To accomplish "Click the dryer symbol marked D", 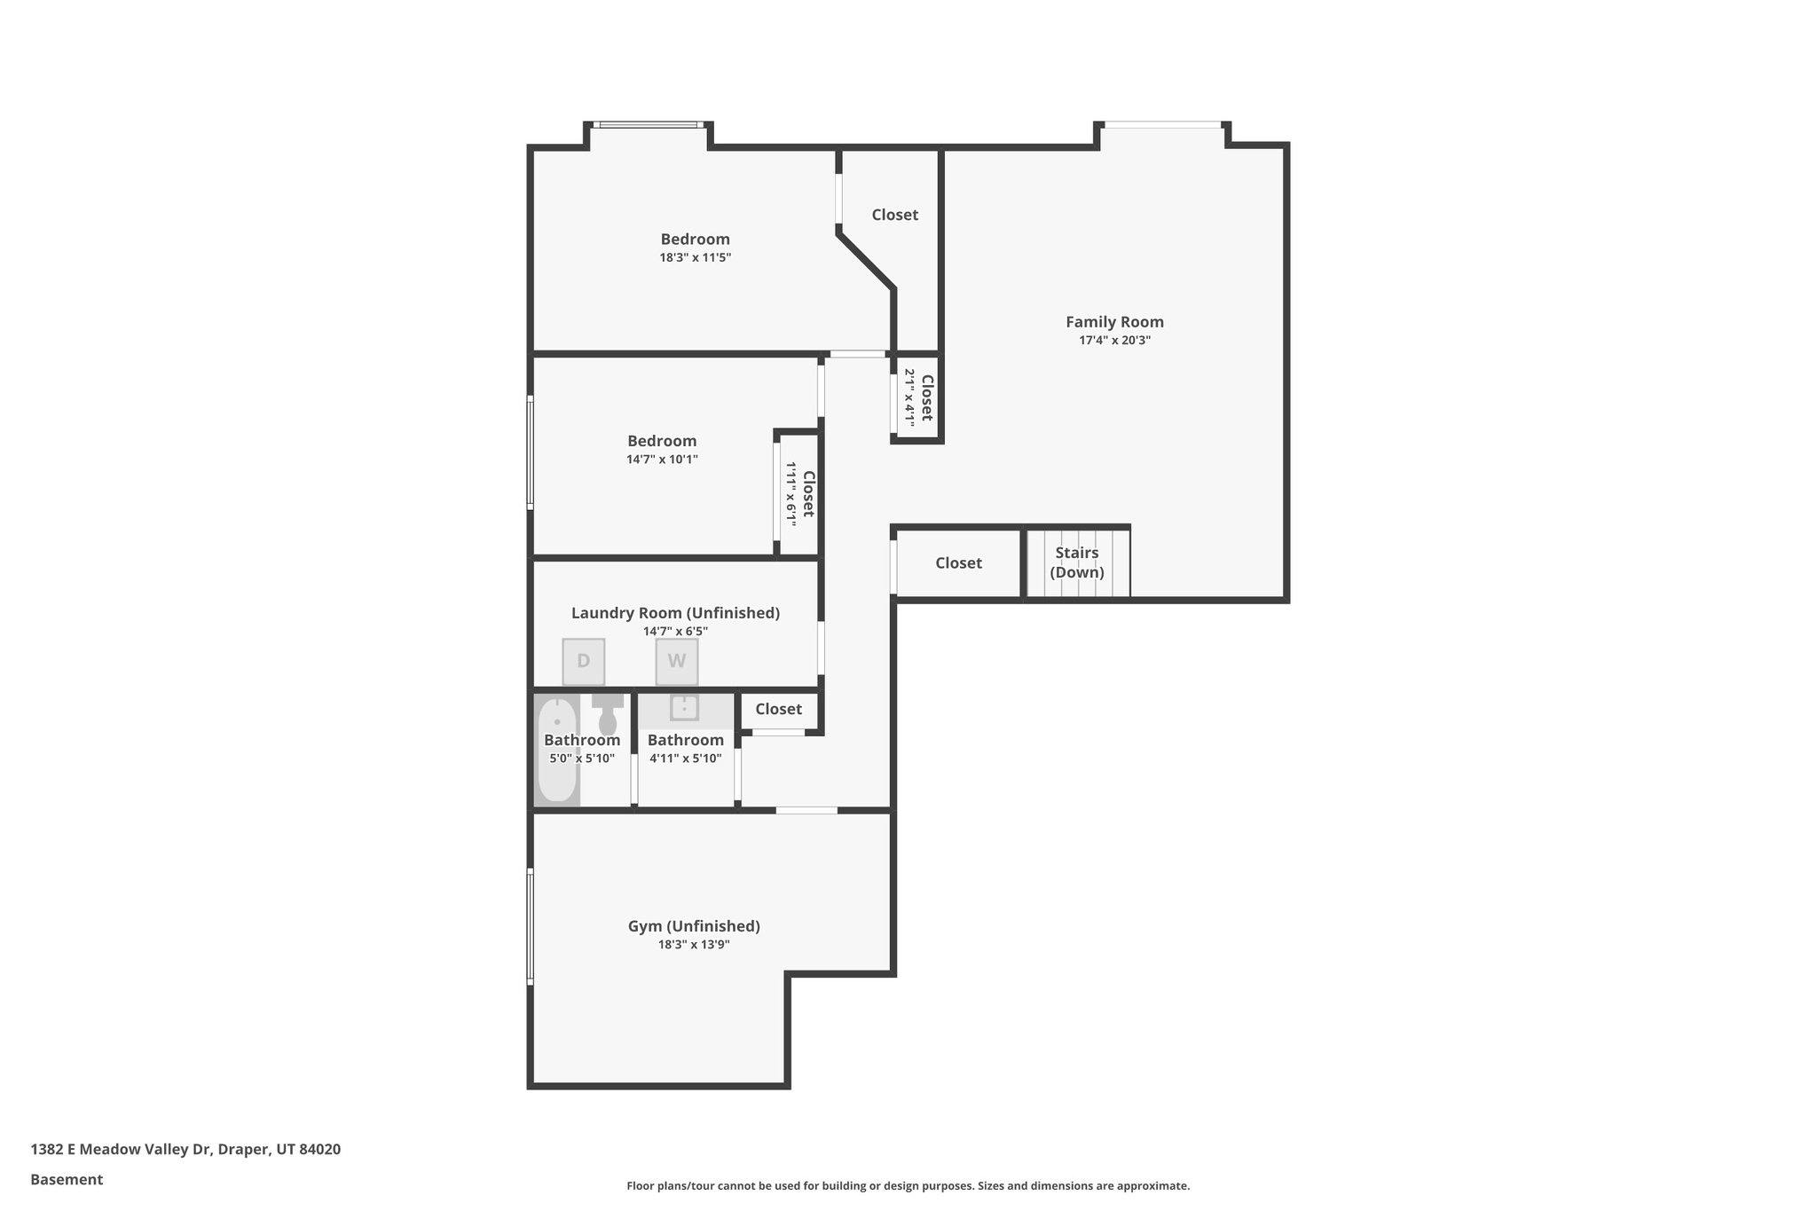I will pos(583,662).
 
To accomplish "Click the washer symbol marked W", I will pos(676,662).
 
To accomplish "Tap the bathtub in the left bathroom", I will pos(557,751).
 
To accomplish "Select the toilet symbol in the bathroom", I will pos(608,715).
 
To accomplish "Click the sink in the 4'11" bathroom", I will pos(684,708).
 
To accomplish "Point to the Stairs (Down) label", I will pos(1077,562).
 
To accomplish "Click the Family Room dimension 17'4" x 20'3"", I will pos(1114,341).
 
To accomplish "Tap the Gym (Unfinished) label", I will pos(694,926).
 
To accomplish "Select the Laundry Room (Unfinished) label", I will pos(675,613).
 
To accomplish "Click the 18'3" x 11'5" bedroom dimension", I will pos(695,258).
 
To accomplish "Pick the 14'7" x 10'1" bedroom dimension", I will pos(662,460).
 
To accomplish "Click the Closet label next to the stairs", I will pos(958,563).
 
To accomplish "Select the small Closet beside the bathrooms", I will pos(778,710).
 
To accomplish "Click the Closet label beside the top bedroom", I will pos(894,215).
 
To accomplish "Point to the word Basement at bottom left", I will pos(67,1179).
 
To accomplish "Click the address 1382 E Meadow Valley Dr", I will pos(185,1149).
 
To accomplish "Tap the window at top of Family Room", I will pos(1162,125).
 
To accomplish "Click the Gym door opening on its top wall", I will pos(806,810).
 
